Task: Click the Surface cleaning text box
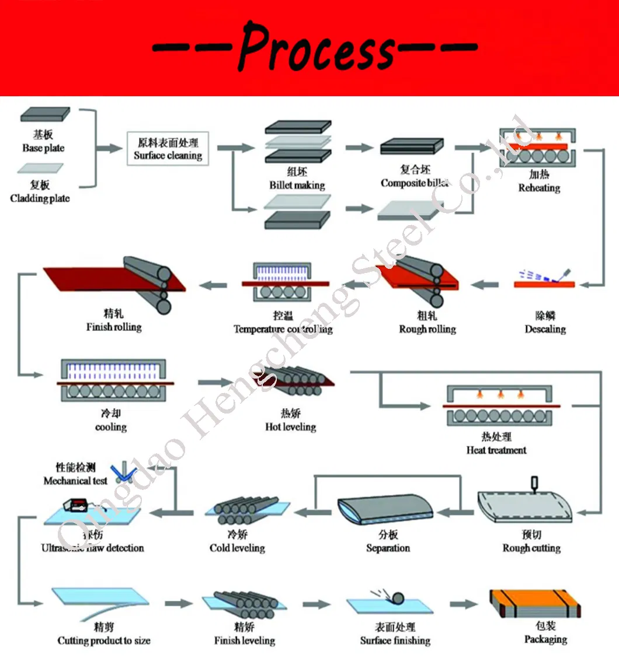pos(168,149)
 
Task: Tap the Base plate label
pos(43,148)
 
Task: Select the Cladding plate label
pos(40,198)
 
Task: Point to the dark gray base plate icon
pos(45,114)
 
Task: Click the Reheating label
pos(538,188)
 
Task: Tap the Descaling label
pos(545,329)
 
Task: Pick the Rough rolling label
pos(427,329)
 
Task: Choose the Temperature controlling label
pos(283,329)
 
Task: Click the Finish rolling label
pos(114,327)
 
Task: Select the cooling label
pos(110,427)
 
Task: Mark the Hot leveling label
pos(290,427)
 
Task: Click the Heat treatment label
pos(496,450)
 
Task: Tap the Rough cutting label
pos(531,548)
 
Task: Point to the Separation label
pos(388,548)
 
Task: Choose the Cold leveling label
pos(237,548)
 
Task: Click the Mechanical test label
pos(75,481)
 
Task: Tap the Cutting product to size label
pos(104,640)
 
